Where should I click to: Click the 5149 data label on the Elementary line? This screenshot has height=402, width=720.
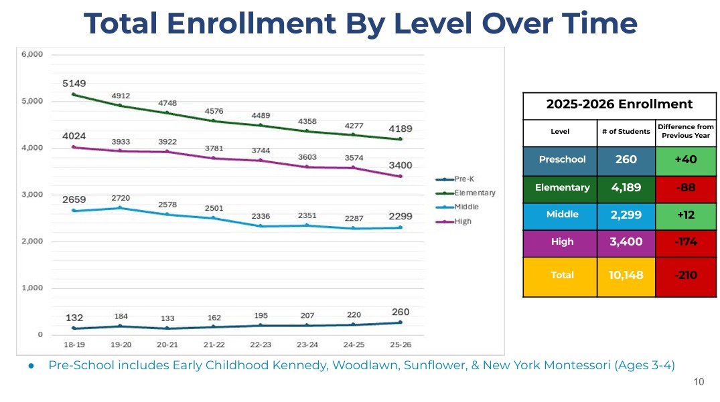(74, 84)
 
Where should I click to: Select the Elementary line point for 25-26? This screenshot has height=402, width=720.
(400, 139)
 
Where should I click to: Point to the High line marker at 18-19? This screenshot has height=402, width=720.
(74, 147)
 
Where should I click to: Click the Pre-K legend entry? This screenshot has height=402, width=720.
(464, 179)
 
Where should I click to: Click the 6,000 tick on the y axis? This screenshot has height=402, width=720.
(32, 54)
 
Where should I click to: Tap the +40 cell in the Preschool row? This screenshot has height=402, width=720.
(686, 159)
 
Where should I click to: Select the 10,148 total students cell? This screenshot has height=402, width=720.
(626, 275)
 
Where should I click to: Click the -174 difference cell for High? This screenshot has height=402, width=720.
(686, 241)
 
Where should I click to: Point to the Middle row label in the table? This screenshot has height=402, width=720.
(562, 215)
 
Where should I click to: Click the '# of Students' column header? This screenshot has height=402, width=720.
(626, 132)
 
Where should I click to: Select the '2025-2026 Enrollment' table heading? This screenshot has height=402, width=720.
(619, 104)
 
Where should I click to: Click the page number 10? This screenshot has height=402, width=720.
(699, 382)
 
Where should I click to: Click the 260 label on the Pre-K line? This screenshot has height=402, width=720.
(400, 312)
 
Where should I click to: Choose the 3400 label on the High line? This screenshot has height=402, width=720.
(400, 165)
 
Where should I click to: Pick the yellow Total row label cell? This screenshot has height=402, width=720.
(562, 275)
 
